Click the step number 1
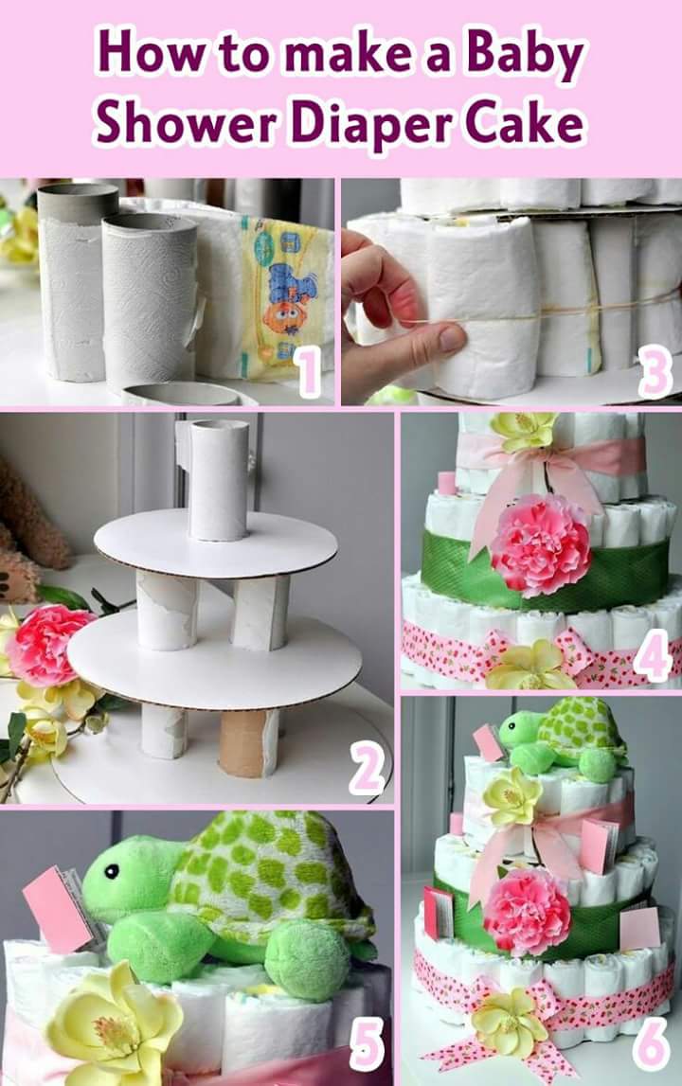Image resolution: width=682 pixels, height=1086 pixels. [308, 373]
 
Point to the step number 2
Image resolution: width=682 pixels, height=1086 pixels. [367, 771]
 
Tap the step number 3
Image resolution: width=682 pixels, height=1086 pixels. [655, 373]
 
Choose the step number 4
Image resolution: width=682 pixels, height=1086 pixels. [653, 654]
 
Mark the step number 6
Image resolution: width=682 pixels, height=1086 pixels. [652, 1047]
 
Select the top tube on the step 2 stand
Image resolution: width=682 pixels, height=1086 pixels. [218, 480]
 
